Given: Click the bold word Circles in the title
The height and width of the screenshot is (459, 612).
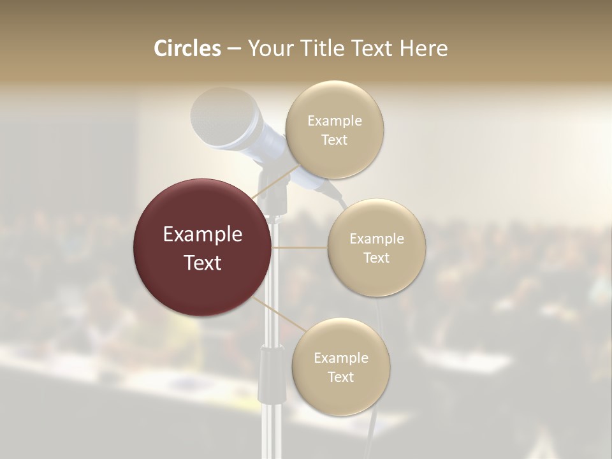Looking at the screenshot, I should tap(187, 48).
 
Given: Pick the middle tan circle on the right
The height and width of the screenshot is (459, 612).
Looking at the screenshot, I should tap(377, 247).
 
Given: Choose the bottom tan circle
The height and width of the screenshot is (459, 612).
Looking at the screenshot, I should tap(341, 367).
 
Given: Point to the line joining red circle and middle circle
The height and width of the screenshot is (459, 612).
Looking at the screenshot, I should tap(300, 247).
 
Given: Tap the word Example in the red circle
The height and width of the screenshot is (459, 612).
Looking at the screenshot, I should tap(203, 235).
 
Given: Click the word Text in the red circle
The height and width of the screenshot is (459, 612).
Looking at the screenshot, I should tap(203, 263).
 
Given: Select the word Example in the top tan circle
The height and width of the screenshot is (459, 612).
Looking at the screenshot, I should tap(335, 120).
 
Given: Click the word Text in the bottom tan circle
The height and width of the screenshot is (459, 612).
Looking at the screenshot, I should tap(341, 377).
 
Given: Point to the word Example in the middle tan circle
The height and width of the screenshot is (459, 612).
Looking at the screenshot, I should tap(377, 238).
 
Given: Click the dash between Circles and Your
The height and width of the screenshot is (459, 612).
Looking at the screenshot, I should tap(234, 49).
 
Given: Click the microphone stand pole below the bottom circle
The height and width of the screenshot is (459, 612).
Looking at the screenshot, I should tap(273, 433).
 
